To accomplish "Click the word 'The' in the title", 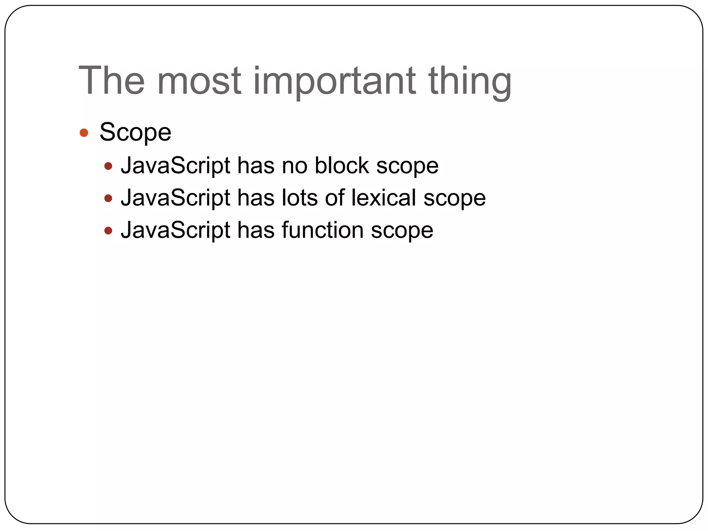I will [x=111, y=81].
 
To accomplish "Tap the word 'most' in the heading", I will [x=199, y=81].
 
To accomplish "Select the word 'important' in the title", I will [x=335, y=81].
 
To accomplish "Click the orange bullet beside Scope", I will [x=84, y=133].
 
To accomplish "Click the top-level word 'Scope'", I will [x=135, y=132].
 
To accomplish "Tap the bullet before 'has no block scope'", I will [x=108, y=166].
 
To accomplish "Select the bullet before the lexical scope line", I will [x=108, y=198].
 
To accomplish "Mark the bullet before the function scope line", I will [x=108, y=231].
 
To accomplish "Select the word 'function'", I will [x=323, y=230].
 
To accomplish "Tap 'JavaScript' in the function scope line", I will [x=175, y=230].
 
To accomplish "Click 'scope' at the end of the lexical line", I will [x=455, y=198].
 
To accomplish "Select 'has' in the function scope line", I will [x=255, y=230].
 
